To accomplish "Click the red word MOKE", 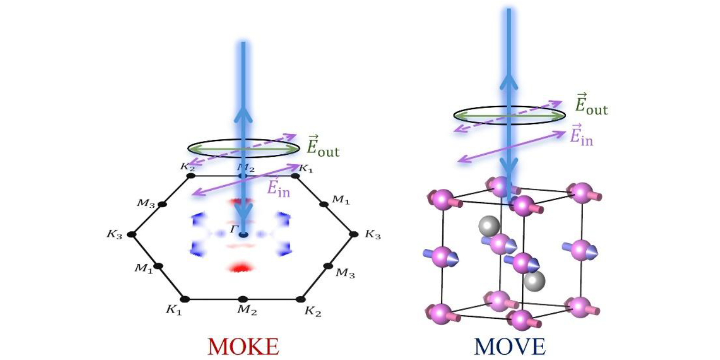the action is click(243, 347).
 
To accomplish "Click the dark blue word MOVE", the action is click(510, 347).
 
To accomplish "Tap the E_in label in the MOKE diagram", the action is click(278, 188).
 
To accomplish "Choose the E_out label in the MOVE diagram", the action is click(591, 104).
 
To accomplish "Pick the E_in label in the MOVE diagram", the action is click(582, 135).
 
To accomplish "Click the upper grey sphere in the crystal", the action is click(489, 226).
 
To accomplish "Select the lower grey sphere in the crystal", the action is click(534, 282).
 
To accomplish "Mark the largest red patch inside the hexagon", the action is click(241, 267).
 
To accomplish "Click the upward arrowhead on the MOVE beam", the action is click(509, 80).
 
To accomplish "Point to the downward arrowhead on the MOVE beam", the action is click(509, 169).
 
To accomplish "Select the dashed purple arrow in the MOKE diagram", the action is click(241, 150).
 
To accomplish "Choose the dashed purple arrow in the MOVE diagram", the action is click(508, 116).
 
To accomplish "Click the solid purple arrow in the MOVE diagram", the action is click(512, 146).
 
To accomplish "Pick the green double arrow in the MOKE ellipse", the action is click(243, 149).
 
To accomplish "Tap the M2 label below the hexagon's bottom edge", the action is click(247, 310).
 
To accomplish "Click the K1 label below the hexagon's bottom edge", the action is click(174, 310).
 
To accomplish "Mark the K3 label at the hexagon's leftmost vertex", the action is click(115, 235).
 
